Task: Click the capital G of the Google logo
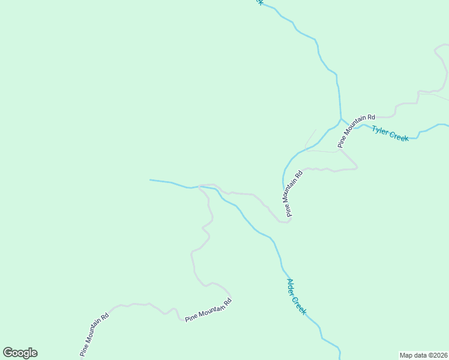(x=8, y=353)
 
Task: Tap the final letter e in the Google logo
(x=34, y=353)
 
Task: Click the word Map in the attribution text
(x=407, y=355)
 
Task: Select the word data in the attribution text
(x=421, y=355)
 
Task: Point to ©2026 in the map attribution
(x=438, y=355)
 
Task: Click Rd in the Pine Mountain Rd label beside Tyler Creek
(x=370, y=118)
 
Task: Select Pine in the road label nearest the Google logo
(x=83, y=349)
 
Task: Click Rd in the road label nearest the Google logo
(x=105, y=316)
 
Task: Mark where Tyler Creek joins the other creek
(x=341, y=118)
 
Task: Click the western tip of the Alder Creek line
(x=150, y=180)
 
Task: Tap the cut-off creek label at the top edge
(x=258, y=2)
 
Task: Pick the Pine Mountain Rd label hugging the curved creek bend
(x=292, y=192)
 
